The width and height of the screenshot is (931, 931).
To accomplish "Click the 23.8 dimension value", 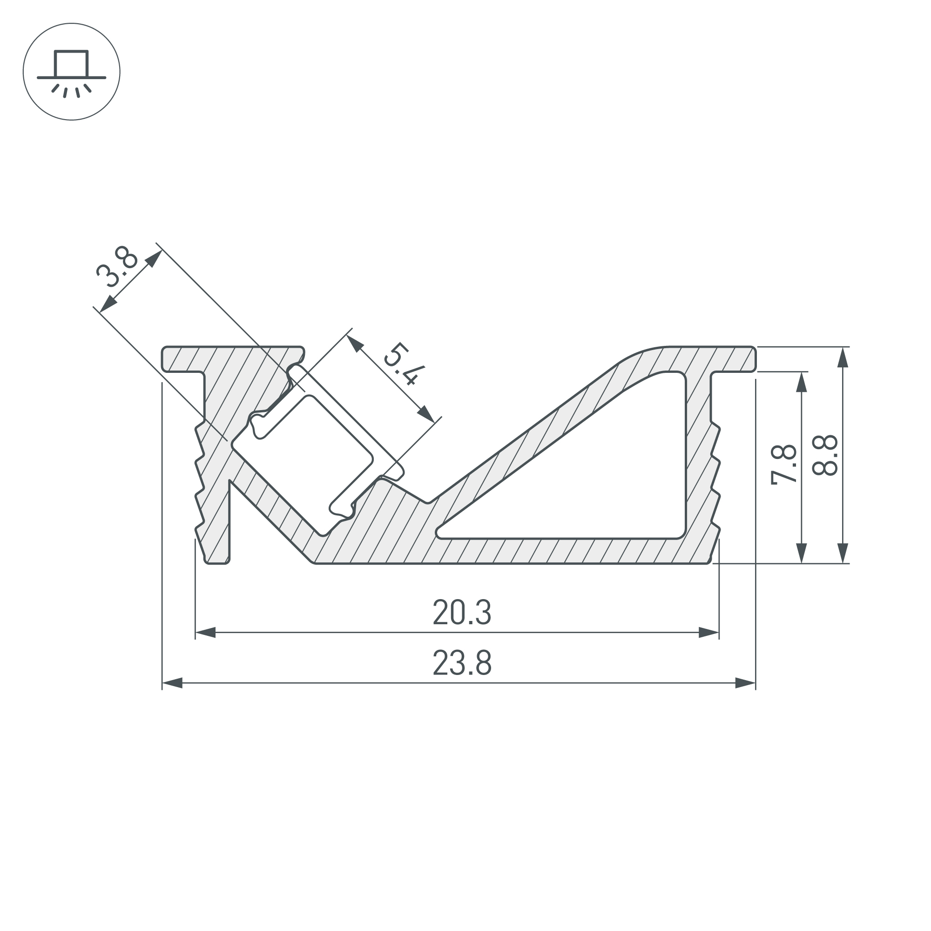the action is (x=462, y=663).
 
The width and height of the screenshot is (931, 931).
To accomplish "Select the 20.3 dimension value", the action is (x=462, y=613).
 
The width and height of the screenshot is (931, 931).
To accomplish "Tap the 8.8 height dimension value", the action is (x=824, y=455).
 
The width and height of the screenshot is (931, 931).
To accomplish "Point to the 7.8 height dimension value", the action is (x=784, y=465).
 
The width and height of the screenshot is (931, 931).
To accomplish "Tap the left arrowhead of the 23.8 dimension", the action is (x=172, y=683).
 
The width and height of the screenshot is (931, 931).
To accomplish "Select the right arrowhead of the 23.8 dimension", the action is (x=745, y=683).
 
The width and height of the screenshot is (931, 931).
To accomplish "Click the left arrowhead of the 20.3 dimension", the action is (x=205, y=633).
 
